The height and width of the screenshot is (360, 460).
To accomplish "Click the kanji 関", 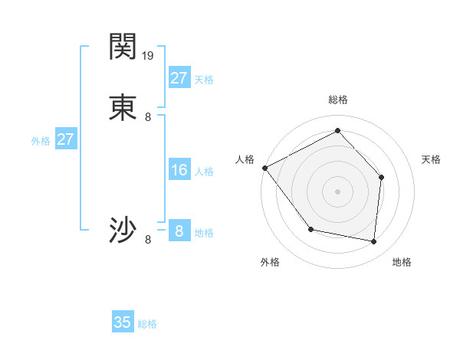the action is [123, 47].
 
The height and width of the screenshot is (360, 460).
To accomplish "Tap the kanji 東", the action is [123, 107].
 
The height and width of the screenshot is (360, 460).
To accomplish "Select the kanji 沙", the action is [123, 231].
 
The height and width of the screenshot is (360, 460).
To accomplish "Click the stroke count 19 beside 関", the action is [149, 55].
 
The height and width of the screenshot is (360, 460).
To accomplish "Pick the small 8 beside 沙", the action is [148, 240].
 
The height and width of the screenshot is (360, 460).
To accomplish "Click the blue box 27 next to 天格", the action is [179, 78].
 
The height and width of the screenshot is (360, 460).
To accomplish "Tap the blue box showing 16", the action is [179, 170].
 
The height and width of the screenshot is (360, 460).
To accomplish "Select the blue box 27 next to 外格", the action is [66, 139].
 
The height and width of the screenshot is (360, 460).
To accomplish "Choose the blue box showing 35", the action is [123, 322].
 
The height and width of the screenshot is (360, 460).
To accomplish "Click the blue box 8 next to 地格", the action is [179, 231].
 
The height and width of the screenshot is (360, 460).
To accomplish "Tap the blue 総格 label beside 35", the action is [148, 324].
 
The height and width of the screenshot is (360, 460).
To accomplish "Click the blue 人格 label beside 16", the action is [204, 172].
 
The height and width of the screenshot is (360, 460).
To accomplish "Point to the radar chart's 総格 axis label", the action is [337, 100].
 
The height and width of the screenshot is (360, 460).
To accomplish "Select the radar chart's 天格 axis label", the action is [431, 159].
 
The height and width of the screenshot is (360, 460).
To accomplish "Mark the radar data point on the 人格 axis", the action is [264, 168].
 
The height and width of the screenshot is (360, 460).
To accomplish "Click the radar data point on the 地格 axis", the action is [374, 242].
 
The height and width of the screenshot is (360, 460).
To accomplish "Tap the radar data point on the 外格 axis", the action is [310, 229].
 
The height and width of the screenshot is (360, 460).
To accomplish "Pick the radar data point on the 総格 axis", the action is [337, 130].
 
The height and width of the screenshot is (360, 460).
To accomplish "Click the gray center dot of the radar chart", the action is [337, 191].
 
